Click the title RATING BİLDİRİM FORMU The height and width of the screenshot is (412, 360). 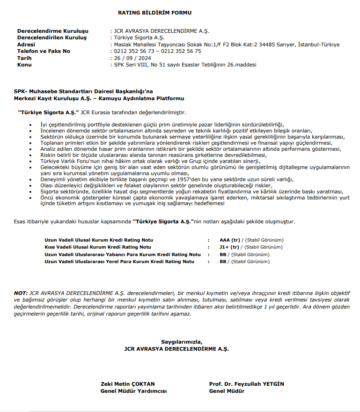[154, 13]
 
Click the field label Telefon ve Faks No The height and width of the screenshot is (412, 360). [44, 51]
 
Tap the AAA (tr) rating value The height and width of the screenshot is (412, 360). [229, 240]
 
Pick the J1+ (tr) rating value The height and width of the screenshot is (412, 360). [229, 247]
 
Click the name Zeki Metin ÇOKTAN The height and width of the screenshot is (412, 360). [121, 384]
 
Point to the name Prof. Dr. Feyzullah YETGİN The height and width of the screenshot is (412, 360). [247, 384]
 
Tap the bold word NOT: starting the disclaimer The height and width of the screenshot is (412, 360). [21, 293]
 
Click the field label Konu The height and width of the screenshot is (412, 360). [24, 65]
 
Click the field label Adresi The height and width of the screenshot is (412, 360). [26, 44]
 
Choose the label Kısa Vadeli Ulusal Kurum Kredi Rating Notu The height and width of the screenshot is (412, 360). [98, 247]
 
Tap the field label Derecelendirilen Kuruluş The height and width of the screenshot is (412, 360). [52, 37]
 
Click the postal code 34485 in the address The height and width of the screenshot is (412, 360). [266, 44]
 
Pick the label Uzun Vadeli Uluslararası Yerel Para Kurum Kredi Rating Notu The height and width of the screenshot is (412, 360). [119, 262]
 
